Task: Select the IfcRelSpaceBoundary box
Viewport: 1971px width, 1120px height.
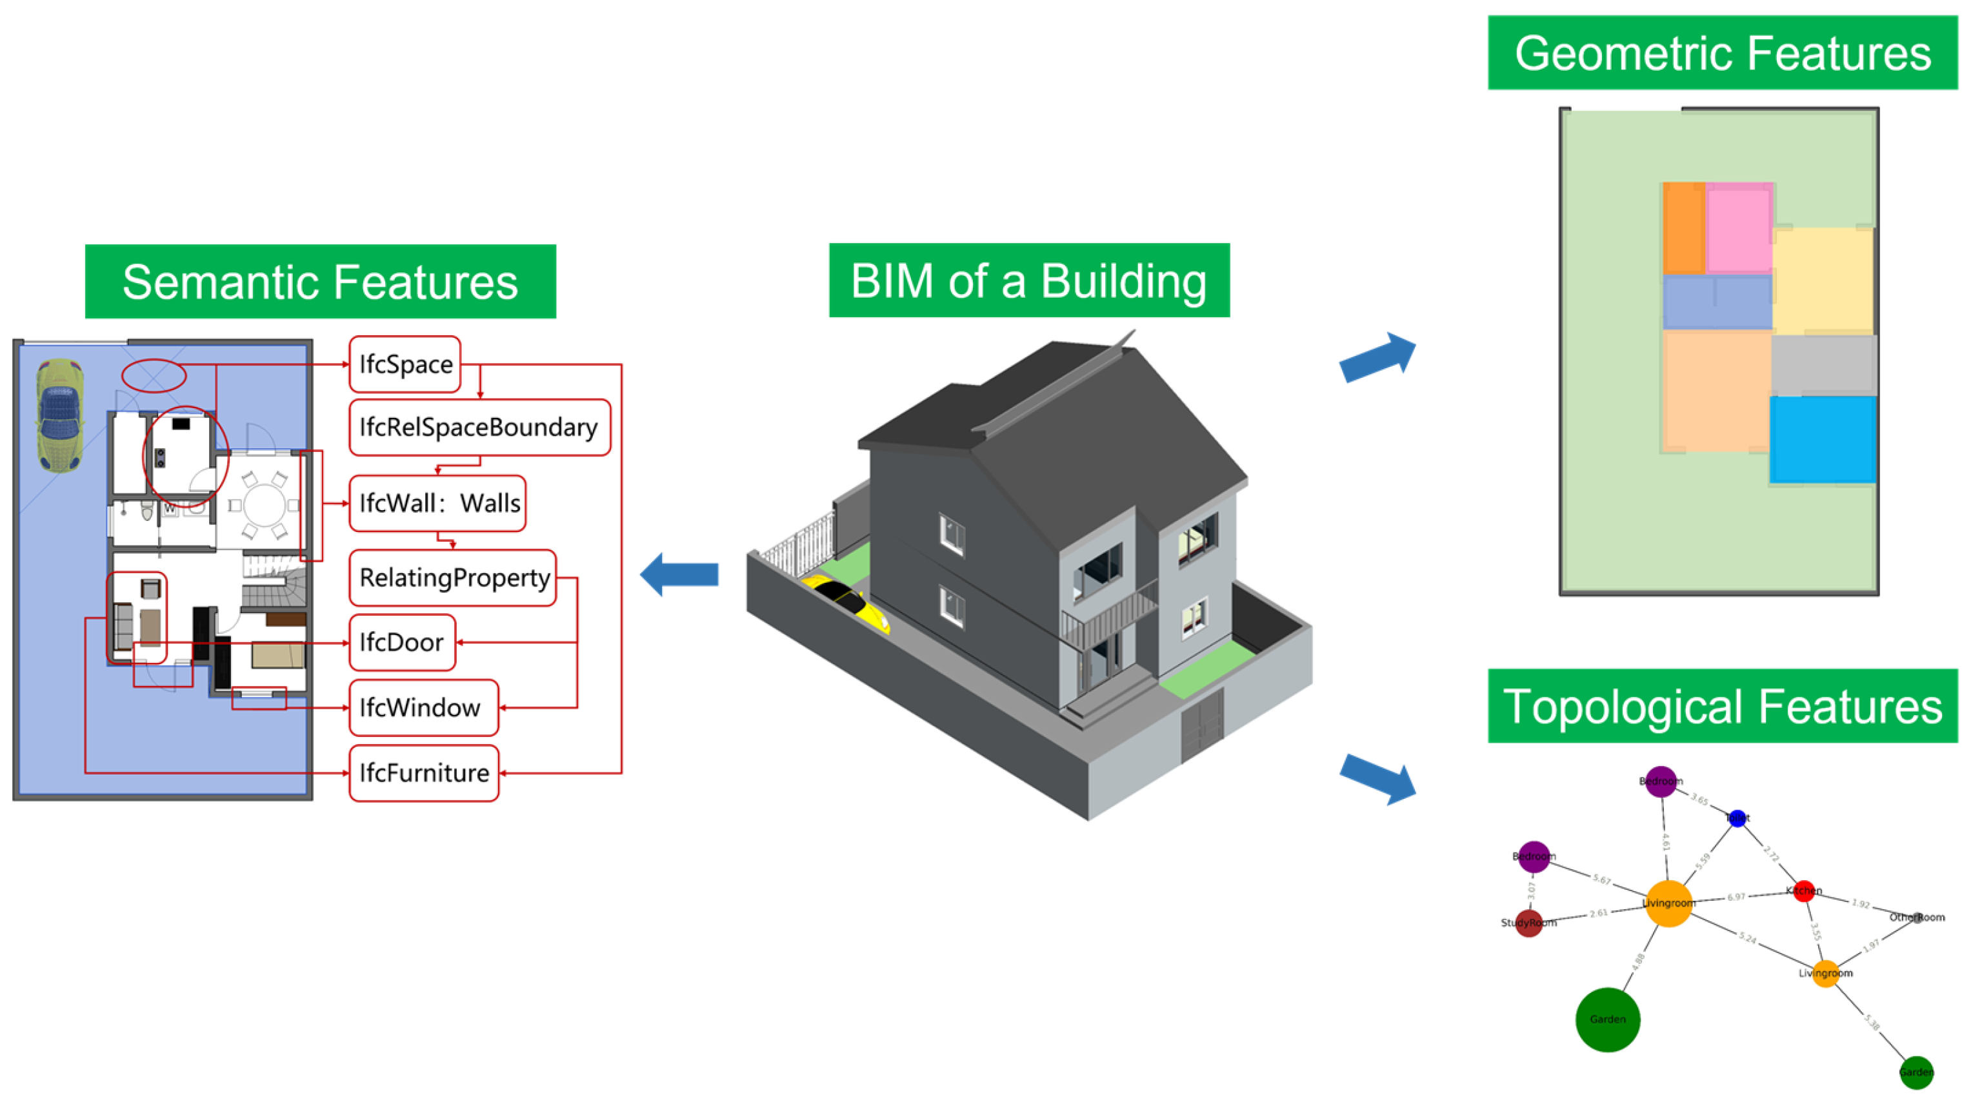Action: point(479,427)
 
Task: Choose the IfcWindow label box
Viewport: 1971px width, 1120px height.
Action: point(423,708)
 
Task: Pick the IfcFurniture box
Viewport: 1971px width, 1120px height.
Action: point(423,773)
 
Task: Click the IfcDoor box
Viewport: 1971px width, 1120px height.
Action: point(401,642)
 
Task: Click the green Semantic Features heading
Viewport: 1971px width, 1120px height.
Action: point(320,282)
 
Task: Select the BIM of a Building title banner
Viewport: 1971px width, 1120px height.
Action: point(1028,280)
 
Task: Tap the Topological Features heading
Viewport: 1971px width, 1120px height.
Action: point(1722,706)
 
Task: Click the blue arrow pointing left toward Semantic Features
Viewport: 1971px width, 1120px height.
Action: point(679,574)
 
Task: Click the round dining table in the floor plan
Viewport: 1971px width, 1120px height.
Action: point(264,506)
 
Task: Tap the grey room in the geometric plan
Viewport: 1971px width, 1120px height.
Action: point(1822,366)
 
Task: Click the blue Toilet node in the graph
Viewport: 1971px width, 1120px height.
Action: point(1736,818)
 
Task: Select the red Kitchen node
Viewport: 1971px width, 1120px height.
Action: point(1803,890)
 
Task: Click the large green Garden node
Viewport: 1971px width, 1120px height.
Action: point(1607,1019)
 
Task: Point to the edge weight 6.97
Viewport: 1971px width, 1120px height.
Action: point(1736,897)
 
